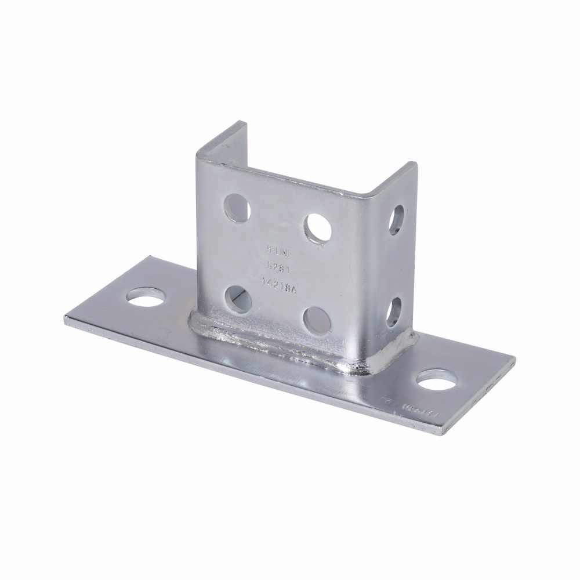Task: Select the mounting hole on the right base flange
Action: coord(436,380)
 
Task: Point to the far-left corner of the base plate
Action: coord(65,317)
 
